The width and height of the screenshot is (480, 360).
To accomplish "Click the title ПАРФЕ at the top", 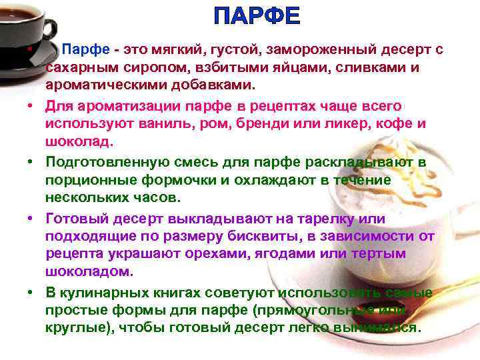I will pyautogui.click(x=257, y=16).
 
